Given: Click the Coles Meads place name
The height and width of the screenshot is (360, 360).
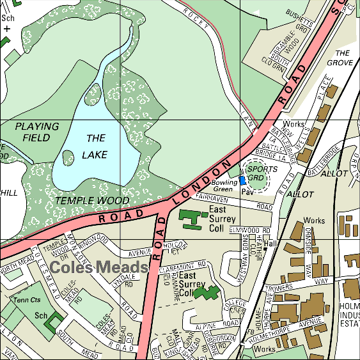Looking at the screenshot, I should (99, 267).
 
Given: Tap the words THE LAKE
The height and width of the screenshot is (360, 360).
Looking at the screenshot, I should (95, 146).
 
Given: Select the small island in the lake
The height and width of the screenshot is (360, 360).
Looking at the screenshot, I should (68, 157).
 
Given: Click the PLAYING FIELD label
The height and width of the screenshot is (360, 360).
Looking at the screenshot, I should (36, 132).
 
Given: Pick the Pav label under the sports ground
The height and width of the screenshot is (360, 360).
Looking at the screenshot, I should (249, 191).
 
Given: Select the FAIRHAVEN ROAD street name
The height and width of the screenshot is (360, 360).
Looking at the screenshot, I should (234, 202).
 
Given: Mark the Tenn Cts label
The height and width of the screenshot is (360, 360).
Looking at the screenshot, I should (27, 301).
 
